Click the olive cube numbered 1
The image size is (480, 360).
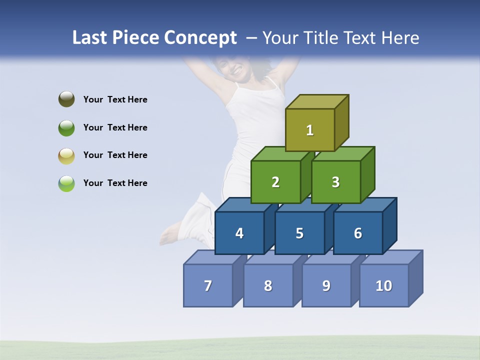(310, 130)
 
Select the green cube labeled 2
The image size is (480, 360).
(275, 182)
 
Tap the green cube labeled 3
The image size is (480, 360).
(335, 182)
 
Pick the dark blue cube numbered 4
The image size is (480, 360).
(239, 233)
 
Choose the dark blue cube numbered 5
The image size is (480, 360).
(299, 233)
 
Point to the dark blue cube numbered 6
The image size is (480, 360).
(358, 233)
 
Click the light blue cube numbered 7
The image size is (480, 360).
(208, 285)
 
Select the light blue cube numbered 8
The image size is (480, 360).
(268, 285)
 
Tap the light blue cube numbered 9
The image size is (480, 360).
(326, 285)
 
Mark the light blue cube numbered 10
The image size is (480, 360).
(384, 285)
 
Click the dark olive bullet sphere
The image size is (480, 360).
(66, 99)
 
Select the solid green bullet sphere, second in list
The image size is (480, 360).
(66, 127)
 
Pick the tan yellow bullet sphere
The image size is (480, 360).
(66, 155)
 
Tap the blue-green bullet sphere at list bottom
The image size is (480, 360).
(66, 183)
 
